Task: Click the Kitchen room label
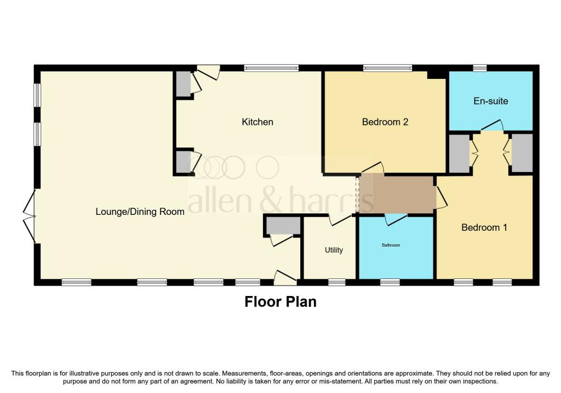(257, 122)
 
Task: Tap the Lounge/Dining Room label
(140, 212)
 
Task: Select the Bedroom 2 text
(385, 122)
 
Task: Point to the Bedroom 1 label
(484, 227)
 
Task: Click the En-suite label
(490, 101)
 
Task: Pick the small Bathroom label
(391, 245)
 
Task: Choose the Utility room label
(334, 250)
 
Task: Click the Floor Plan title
(280, 301)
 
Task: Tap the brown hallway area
(403, 194)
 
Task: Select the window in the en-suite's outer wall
(480, 68)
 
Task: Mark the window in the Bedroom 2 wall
(387, 68)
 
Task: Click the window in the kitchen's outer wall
(271, 68)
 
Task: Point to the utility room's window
(336, 282)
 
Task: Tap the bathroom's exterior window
(390, 282)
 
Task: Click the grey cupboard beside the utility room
(282, 225)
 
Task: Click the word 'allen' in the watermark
(215, 202)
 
